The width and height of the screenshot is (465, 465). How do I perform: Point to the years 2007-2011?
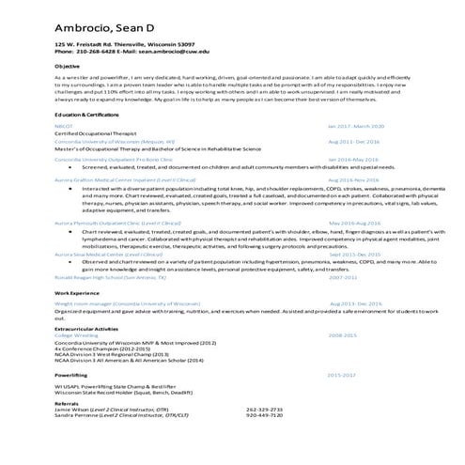(x=343, y=278)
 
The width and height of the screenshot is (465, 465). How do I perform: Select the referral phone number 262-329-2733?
(x=264, y=410)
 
